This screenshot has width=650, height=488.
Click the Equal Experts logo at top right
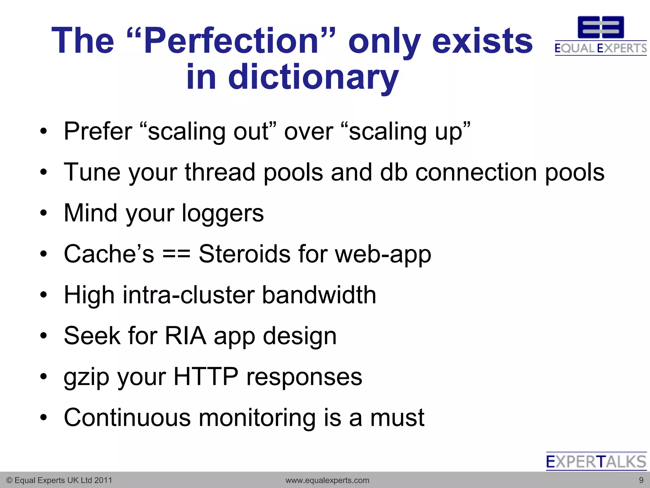click(600, 36)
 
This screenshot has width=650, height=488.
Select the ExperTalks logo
click(596, 461)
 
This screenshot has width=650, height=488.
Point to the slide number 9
click(641, 480)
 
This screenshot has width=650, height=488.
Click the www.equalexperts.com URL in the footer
click(327, 480)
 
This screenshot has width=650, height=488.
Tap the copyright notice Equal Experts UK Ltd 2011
click(59, 480)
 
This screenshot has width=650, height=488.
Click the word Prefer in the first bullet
click(98, 131)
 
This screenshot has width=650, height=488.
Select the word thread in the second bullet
click(220, 172)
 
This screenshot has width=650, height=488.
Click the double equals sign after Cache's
click(176, 254)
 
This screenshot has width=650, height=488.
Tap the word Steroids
click(244, 254)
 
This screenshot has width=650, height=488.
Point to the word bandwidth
click(319, 295)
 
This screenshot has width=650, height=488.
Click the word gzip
click(86, 377)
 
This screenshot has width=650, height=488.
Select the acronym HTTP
click(206, 377)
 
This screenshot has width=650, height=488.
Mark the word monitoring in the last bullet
click(257, 418)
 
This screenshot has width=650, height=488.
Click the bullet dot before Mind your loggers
click(43, 213)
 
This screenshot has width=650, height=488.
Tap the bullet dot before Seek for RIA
click(43, 335)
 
